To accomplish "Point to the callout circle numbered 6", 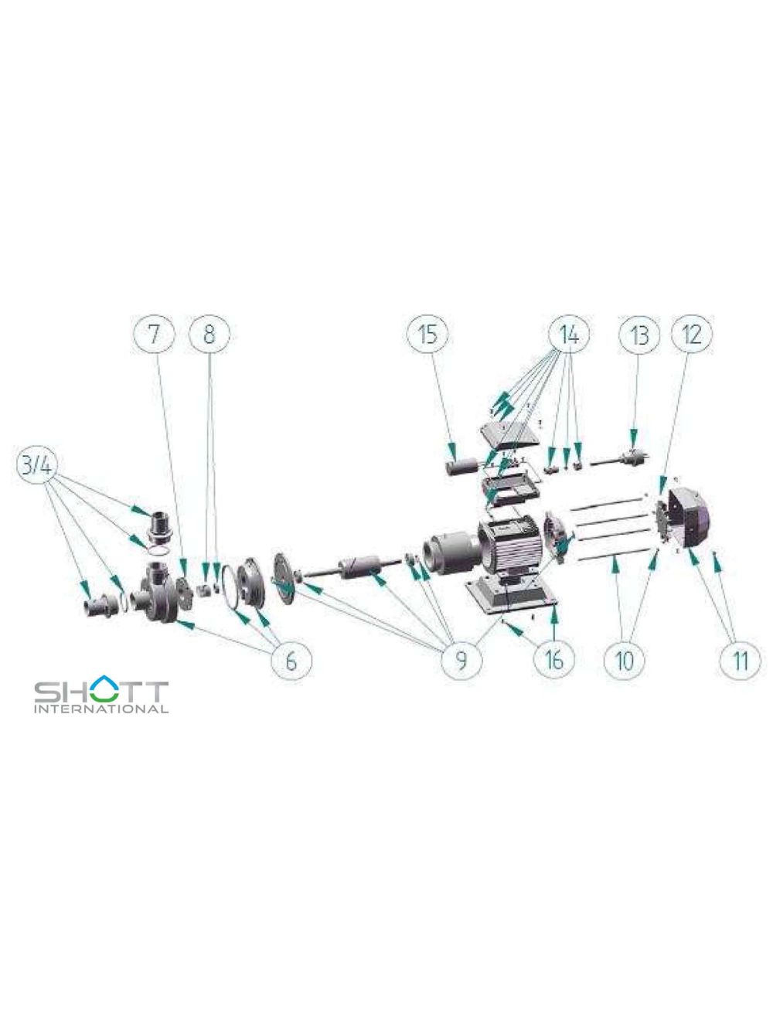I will pos(291,661).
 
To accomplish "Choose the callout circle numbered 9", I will pos(461,661).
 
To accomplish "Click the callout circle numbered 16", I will pos(554,659).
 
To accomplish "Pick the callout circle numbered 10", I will pos(625,661).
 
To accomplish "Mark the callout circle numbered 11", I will pos(741,661).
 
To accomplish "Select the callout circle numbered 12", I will pos(691,335).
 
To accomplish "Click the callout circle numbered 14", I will pos(569,335).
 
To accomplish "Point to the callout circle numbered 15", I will pos(427,335).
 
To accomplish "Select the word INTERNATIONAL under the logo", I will pos(101,709).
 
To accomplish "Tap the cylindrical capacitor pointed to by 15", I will pos(461,469).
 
